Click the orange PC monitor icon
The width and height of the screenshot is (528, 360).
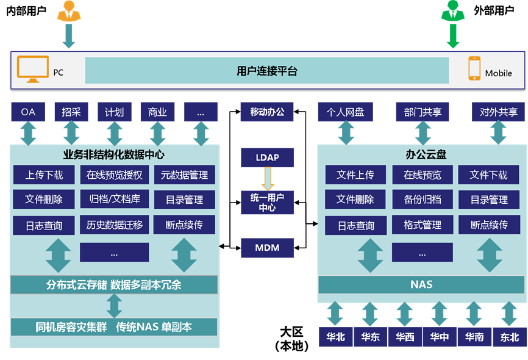(33, 69)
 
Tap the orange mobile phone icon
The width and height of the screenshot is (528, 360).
(474, 68)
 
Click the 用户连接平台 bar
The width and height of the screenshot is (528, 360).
(266, 71)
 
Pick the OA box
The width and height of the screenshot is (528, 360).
(28, 112)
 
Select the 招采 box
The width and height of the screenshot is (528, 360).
(71, 112)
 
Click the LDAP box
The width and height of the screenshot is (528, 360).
(267, 157)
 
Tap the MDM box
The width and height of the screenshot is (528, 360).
(267, 248)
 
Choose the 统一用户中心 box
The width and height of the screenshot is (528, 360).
(267, 202)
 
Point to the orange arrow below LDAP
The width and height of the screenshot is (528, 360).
(268, 178)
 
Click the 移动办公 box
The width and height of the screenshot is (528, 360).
(267, 112)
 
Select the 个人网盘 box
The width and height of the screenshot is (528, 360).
(346, 112)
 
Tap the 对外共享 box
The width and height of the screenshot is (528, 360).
(498, 112)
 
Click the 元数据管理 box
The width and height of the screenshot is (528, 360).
(184, 175)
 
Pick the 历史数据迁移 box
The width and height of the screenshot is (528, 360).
(115, 225)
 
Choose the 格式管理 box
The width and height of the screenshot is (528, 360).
(422, 225)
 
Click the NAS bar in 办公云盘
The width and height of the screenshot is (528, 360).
(421, 284)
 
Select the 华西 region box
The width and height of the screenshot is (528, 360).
(405, 336)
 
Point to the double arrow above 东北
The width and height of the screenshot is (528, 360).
(509, 314)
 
